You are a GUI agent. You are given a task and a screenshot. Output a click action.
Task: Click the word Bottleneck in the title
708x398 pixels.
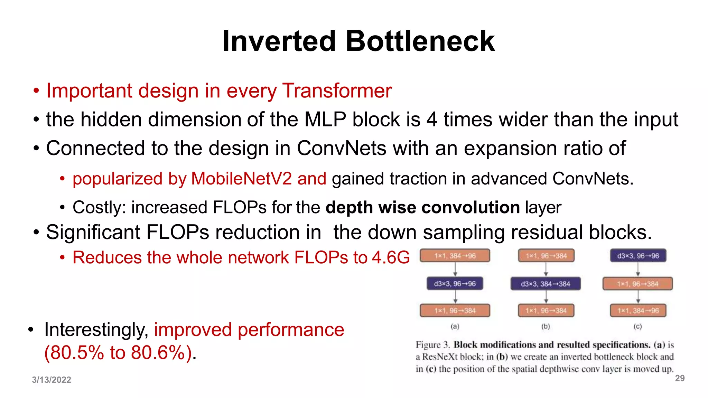click(x=420, y=41)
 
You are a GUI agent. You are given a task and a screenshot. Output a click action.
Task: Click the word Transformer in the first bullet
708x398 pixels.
click(x=337, y=91)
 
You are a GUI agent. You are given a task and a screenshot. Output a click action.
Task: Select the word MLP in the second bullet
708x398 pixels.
click(x=325, y=120)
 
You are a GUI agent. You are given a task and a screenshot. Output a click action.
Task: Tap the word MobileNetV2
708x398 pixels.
click(x=241, y=179)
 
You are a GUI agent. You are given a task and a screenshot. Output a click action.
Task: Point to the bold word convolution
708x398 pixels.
click(x=471, y=208)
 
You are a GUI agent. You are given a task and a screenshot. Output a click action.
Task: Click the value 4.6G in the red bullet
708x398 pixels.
click(x=391, y=258)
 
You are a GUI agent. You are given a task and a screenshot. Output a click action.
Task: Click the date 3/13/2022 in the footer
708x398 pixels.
click(x=52, y=380)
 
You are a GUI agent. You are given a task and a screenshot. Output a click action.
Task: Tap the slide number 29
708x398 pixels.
click(x=680, y=378)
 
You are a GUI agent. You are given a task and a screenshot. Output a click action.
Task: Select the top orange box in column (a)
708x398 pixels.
click(x=455, y=256)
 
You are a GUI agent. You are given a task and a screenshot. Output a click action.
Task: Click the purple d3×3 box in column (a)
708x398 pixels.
click(x=455, y=284)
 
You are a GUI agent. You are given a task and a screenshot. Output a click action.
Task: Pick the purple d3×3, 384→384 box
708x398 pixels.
click(x=546, y=284)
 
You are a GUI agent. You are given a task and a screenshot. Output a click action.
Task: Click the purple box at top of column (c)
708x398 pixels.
click(x=638, y=256)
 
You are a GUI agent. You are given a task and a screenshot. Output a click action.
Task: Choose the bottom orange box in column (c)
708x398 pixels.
click(x=638, y=311)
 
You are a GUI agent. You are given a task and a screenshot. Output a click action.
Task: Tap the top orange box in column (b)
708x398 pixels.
click(x=546, y=256)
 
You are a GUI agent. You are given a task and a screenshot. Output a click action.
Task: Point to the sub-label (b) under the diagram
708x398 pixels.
click(x=546, y=326)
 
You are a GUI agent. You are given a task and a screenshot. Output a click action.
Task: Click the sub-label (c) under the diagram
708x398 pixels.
click(x=638, y=326)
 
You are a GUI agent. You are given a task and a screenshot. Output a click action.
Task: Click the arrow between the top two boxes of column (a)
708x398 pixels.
click(x=455, y=269)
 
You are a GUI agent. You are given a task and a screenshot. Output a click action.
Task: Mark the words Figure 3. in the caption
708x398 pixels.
click(x=433, y=345)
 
